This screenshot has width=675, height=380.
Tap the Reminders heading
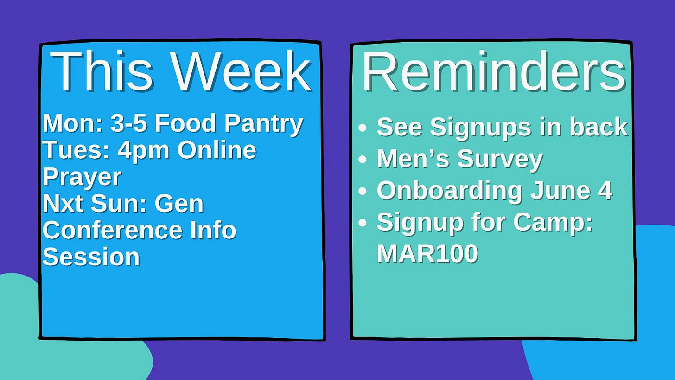pos(494,71)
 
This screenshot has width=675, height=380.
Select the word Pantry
pos(264,124)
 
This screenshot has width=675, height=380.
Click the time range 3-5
pos(129,123)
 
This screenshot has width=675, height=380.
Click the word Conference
pos(112,231)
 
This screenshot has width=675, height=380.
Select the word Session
pos(91,257)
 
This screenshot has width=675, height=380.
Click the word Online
pos(217,150)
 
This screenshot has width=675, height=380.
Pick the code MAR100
pos(427,253)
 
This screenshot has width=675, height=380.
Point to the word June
pos(560,190)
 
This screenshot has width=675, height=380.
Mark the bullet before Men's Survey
pos(363,160)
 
